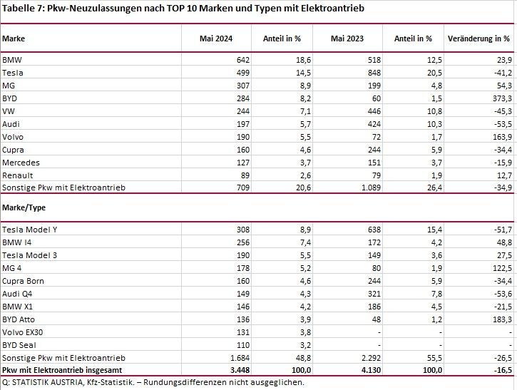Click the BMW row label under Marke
11,61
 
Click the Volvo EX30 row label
24,331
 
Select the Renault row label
17,175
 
